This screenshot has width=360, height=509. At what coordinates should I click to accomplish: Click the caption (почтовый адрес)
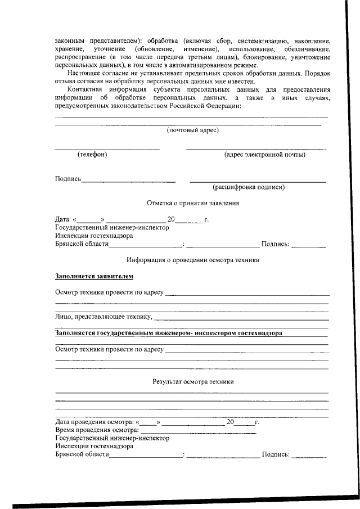coord(193,130)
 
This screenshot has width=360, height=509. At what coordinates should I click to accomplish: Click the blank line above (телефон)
coord(107,149)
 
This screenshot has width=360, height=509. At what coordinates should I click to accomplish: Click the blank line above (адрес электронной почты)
coord(256,149)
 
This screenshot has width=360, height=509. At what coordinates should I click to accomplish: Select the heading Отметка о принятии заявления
coord(193,203)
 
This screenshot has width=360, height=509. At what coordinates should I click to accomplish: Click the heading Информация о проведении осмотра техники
coord(193,260)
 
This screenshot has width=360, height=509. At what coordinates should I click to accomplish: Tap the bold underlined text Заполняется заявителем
coord(94,276)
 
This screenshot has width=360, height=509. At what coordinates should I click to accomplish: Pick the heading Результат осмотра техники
coord(193,381)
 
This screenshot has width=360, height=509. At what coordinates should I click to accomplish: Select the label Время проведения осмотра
coord(93,430)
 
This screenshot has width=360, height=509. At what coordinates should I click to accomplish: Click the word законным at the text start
coord(70,42)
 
